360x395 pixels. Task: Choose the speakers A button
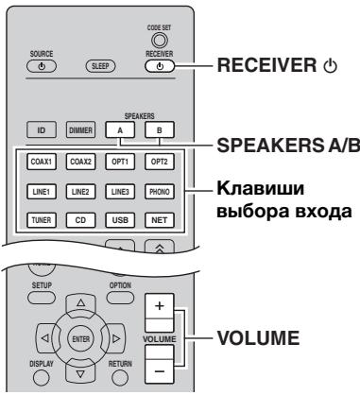(126, 129)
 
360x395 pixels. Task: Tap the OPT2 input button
(159, 161)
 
